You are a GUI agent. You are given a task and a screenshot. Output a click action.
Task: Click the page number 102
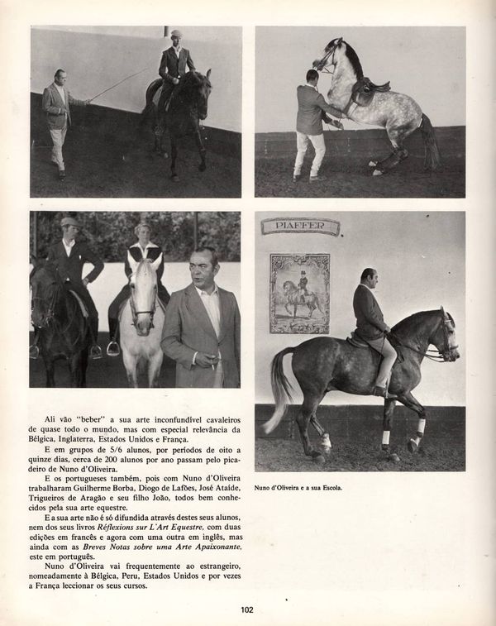pyautogui.click(x=246, y=610)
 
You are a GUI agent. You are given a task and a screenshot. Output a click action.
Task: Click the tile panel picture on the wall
pyautogui.click(x=299, y=292)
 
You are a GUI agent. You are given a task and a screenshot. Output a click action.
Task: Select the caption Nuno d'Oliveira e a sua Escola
pyautogui.click(x=298, y=488)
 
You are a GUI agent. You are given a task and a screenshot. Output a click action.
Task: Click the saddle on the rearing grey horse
pyautogui.click(x=365, y=89)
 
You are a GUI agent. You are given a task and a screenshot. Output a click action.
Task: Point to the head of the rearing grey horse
pyautogui.click(x=329, y=53)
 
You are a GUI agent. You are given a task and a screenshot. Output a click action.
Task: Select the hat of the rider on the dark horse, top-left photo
pyautogui.click(x=175, y=34)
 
